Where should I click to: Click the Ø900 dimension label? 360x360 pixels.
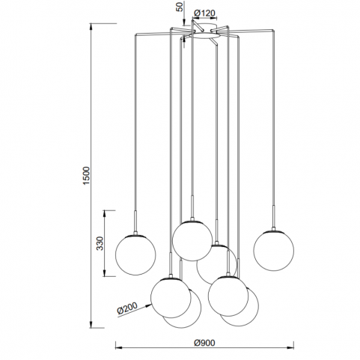click(204, 343)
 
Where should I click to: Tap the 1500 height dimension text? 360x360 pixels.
click(86, 176)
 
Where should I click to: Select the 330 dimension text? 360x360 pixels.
click(100, 243)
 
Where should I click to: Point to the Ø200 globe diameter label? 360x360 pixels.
click(127, 308)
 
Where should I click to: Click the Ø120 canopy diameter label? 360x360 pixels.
click(204, 13)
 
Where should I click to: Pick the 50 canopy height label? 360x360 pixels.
click(180, 7)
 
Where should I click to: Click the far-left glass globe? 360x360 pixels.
click(135, 255)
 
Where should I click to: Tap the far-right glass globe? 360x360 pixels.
click(274, 251)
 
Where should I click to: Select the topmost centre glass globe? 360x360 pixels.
click(192, 241)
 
